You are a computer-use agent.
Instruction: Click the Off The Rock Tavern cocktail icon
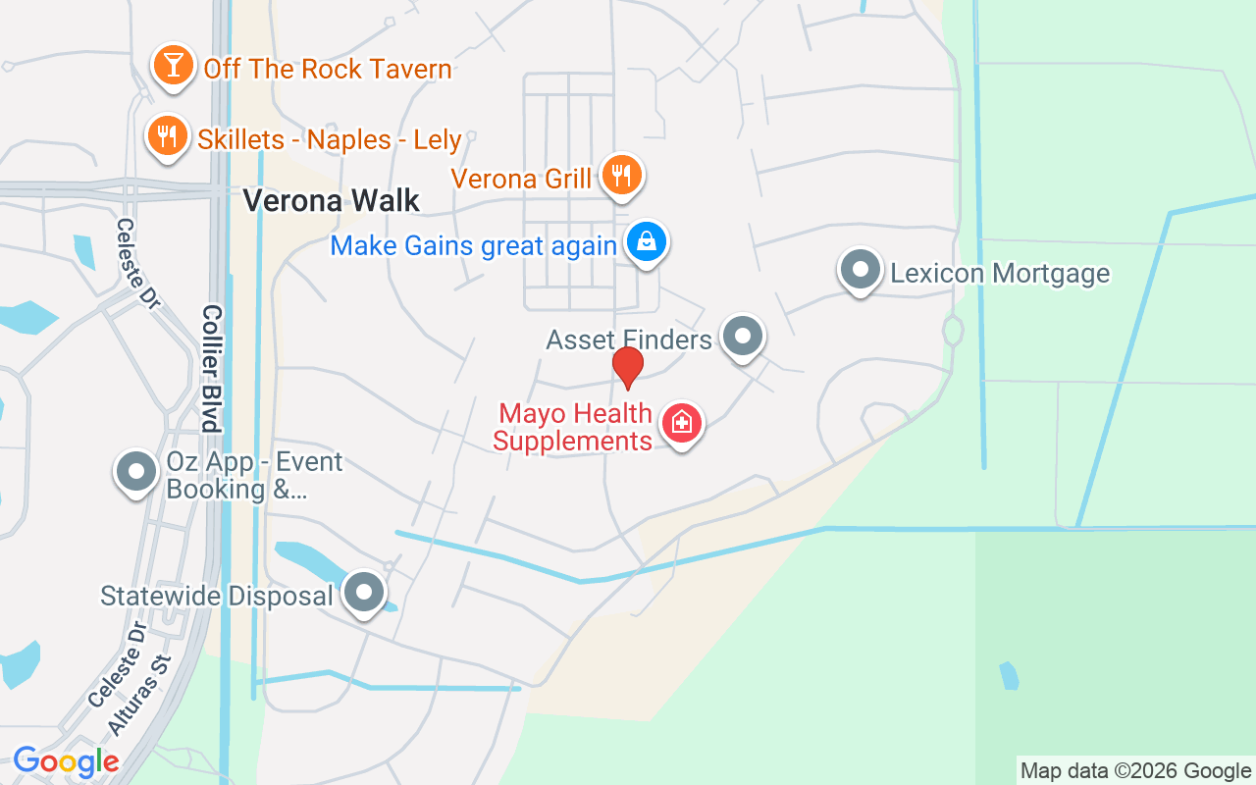coord(174,65)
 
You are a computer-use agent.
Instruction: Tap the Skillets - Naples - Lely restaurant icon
coord(168,135)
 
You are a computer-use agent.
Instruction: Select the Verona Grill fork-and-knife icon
coord(620,176)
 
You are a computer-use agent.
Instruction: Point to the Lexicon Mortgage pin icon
coord(861,269)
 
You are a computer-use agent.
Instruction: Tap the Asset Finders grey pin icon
coord(743,337)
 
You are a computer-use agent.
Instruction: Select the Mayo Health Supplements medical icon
coord(683,423)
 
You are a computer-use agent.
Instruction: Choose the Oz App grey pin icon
coord(136,472)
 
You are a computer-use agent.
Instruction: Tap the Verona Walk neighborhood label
coord(331,200)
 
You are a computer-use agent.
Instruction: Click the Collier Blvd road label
coord(212,368)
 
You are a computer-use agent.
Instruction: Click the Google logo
coord(66,761)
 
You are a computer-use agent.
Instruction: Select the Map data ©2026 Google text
coord(1135,770)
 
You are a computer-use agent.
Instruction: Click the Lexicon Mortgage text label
coord(1000,273)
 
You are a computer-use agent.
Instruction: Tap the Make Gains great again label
coord(473,245)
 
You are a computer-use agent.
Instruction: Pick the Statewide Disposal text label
coord(217,596)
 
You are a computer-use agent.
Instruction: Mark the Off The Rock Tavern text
coord(328,69)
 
